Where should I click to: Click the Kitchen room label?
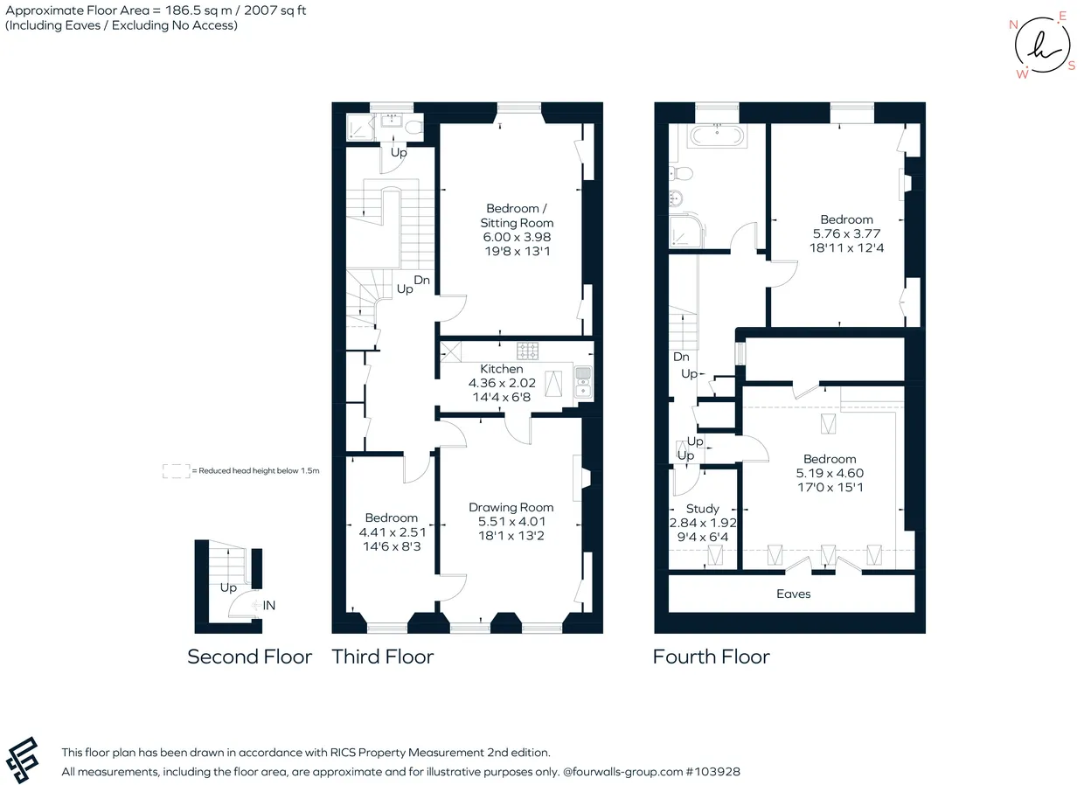[x=502, y=369]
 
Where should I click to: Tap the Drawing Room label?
[x=511, y=507]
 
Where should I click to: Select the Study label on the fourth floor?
[x=703, y=509]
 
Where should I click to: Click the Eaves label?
[x=793, y=594]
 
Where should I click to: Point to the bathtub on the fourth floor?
[x=717, y=136]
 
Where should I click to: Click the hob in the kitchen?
[x=527, y=351]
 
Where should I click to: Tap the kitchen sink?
[x=583, y=382]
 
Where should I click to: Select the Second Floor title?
[x=250, y=656]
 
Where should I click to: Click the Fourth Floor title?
[x=712, y=656]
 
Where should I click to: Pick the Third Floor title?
[x=383, y=656]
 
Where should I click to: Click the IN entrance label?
[x=269, y=606]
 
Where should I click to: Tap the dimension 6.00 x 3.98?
[x=517, y=237]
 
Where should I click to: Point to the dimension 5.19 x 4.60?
[x=830, y=473]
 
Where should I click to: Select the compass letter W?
[x=1022, y=74]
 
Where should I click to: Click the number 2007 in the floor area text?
[x=261, y=10]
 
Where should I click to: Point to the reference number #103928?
[x=713, y=771]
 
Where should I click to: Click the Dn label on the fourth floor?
[x=681, y=357]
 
